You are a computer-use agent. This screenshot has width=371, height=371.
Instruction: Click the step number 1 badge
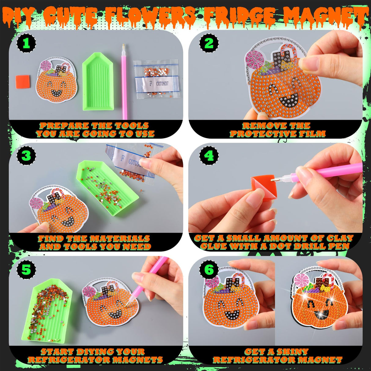coord(26,43)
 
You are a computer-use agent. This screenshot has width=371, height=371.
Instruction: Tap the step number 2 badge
coord(209,43)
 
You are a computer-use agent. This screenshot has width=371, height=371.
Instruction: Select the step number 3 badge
coord(26,156)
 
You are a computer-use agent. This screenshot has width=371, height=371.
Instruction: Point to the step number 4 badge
coord(209,156)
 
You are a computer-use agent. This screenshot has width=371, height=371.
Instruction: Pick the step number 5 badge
coord(26,270)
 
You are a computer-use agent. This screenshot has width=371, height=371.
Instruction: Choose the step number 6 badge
coord(209,270)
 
